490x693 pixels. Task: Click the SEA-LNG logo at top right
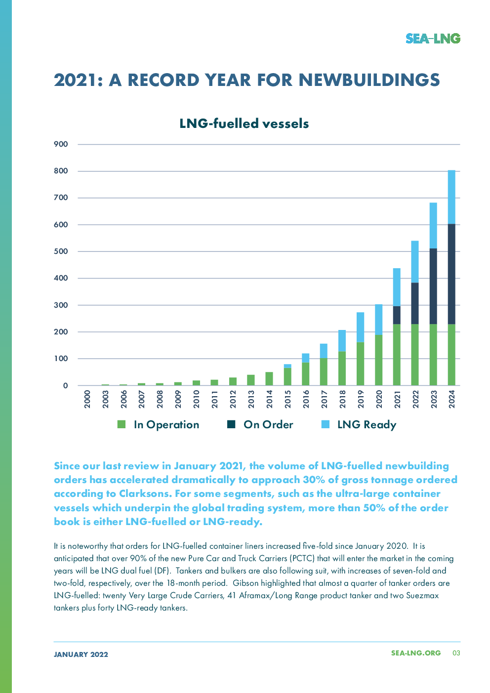433,39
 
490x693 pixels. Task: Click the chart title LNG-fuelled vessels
244,123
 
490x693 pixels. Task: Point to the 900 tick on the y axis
61,144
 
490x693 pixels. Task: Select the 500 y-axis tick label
61,251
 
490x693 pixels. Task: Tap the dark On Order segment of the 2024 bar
451,274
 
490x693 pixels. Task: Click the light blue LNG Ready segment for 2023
433,225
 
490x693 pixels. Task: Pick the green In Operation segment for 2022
415,355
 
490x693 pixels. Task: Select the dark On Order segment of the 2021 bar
397,315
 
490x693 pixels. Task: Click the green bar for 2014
269,378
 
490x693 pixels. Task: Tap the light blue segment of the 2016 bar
306,358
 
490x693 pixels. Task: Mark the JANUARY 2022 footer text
81,654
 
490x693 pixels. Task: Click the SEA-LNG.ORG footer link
415,653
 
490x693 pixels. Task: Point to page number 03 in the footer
456,653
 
